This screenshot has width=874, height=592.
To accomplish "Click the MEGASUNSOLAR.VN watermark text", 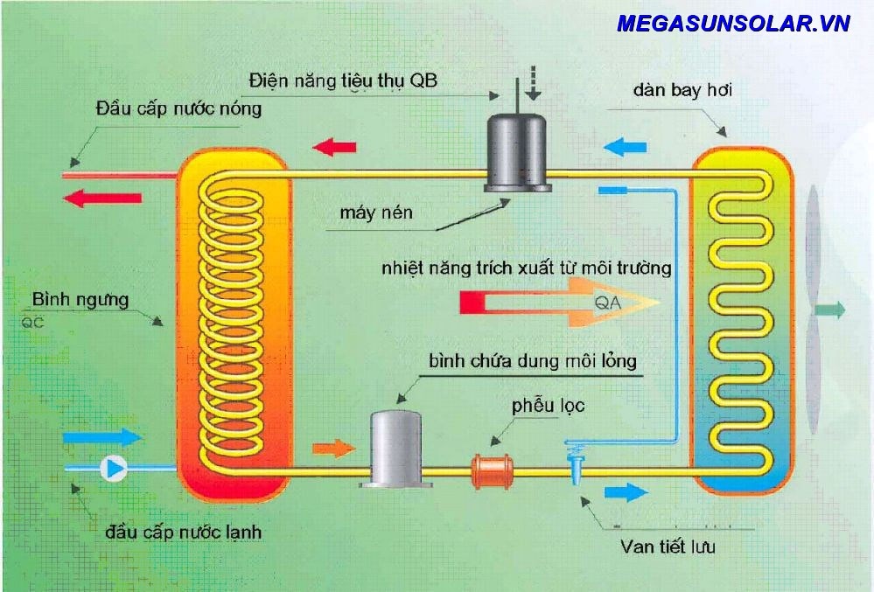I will (733, 24).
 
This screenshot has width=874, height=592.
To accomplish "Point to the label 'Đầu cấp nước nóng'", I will (178, 109).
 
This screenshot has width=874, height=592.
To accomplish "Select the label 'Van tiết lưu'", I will (668, 547).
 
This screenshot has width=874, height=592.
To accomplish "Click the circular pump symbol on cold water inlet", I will (114, 469).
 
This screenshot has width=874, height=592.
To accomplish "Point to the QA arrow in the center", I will (560, 303).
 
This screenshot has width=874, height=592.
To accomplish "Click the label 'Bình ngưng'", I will (80, 300).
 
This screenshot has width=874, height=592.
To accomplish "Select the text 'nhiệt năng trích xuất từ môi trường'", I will (526, 268).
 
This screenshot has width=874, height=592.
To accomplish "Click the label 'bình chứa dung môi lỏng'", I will (532, 360).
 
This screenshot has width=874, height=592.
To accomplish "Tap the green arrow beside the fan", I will (830, 310).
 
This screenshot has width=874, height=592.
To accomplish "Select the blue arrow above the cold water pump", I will (102, 435).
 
